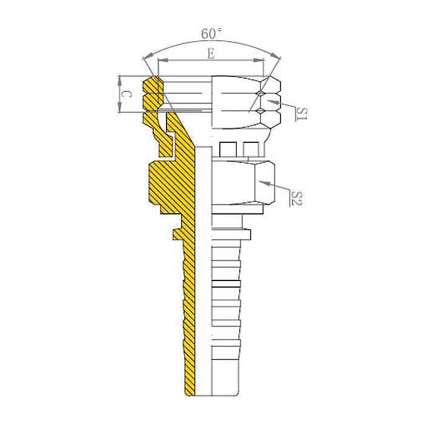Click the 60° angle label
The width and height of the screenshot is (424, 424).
tap(211, 33)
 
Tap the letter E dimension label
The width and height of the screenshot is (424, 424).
tap(211, 53)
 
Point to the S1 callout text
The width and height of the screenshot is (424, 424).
tap(302, 114)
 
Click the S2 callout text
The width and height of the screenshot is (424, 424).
tap(296, 199)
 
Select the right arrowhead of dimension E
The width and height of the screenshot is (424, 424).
tap(258, 61)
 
